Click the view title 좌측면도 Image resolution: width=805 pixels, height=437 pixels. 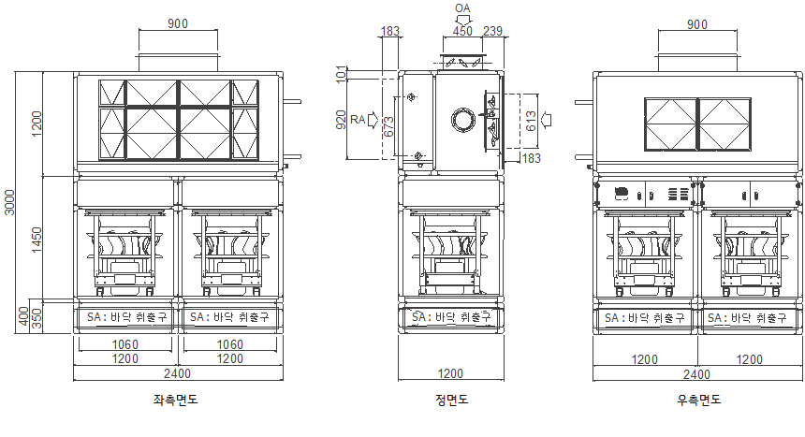175,400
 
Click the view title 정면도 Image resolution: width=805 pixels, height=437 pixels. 452,400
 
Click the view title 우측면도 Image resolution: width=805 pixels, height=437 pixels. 698,400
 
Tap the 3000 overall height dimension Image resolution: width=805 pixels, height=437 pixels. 9,202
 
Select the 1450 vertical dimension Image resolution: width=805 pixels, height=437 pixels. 37,240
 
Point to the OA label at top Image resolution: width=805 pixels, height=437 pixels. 462,8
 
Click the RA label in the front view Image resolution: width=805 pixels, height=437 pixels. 358,120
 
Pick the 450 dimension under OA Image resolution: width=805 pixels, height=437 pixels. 462,31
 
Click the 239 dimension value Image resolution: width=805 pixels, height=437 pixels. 493,31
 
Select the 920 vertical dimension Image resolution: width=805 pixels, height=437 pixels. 341,120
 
